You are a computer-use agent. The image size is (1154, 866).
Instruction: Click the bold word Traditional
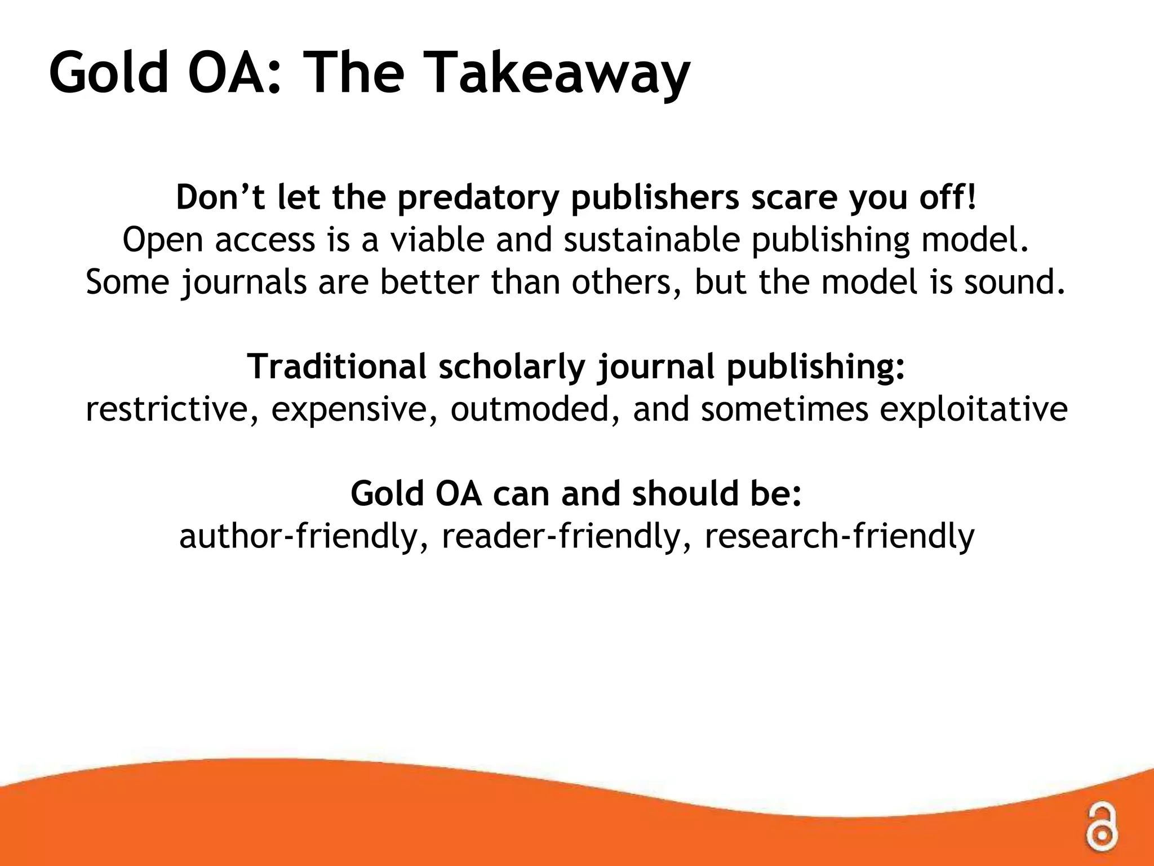pyautogui.click(x=336, y=366)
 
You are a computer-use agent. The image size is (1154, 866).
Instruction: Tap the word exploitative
pyautogui.click(x=973, y=409)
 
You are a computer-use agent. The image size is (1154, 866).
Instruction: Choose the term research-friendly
pyautogui.click(x=839, y=536)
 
